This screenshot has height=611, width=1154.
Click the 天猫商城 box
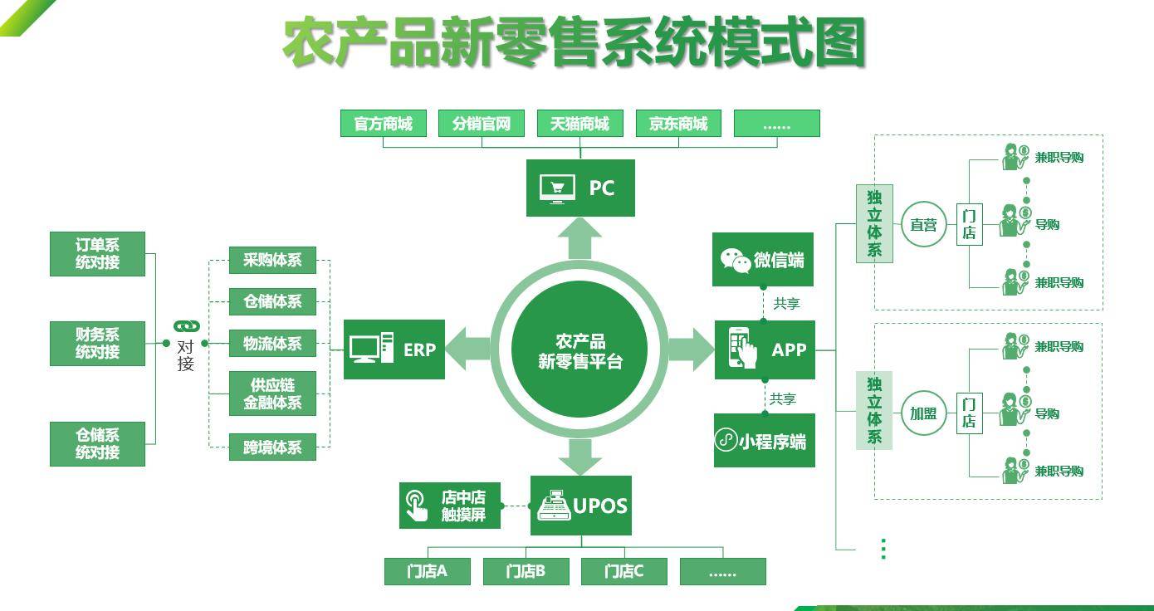579,124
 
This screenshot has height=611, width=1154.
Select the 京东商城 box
678,124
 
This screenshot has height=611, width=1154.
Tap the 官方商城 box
383,124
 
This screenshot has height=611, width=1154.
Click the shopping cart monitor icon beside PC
557,188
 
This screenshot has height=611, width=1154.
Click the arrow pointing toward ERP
469,349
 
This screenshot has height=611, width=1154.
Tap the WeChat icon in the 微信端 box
736,260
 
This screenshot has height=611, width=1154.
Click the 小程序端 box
765,441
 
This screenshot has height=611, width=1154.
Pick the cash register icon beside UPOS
554,506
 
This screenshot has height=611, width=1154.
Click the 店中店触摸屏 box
450,506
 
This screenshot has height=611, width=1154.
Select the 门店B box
526,571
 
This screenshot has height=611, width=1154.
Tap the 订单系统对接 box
97,254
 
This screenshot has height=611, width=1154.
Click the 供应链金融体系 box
272,393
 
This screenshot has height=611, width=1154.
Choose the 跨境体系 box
272,447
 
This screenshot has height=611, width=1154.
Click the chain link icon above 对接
186,326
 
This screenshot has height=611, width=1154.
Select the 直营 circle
923,224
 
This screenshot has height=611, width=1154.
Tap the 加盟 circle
923,413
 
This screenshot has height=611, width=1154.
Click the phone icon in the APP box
743,349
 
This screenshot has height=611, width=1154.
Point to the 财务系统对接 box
97,343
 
